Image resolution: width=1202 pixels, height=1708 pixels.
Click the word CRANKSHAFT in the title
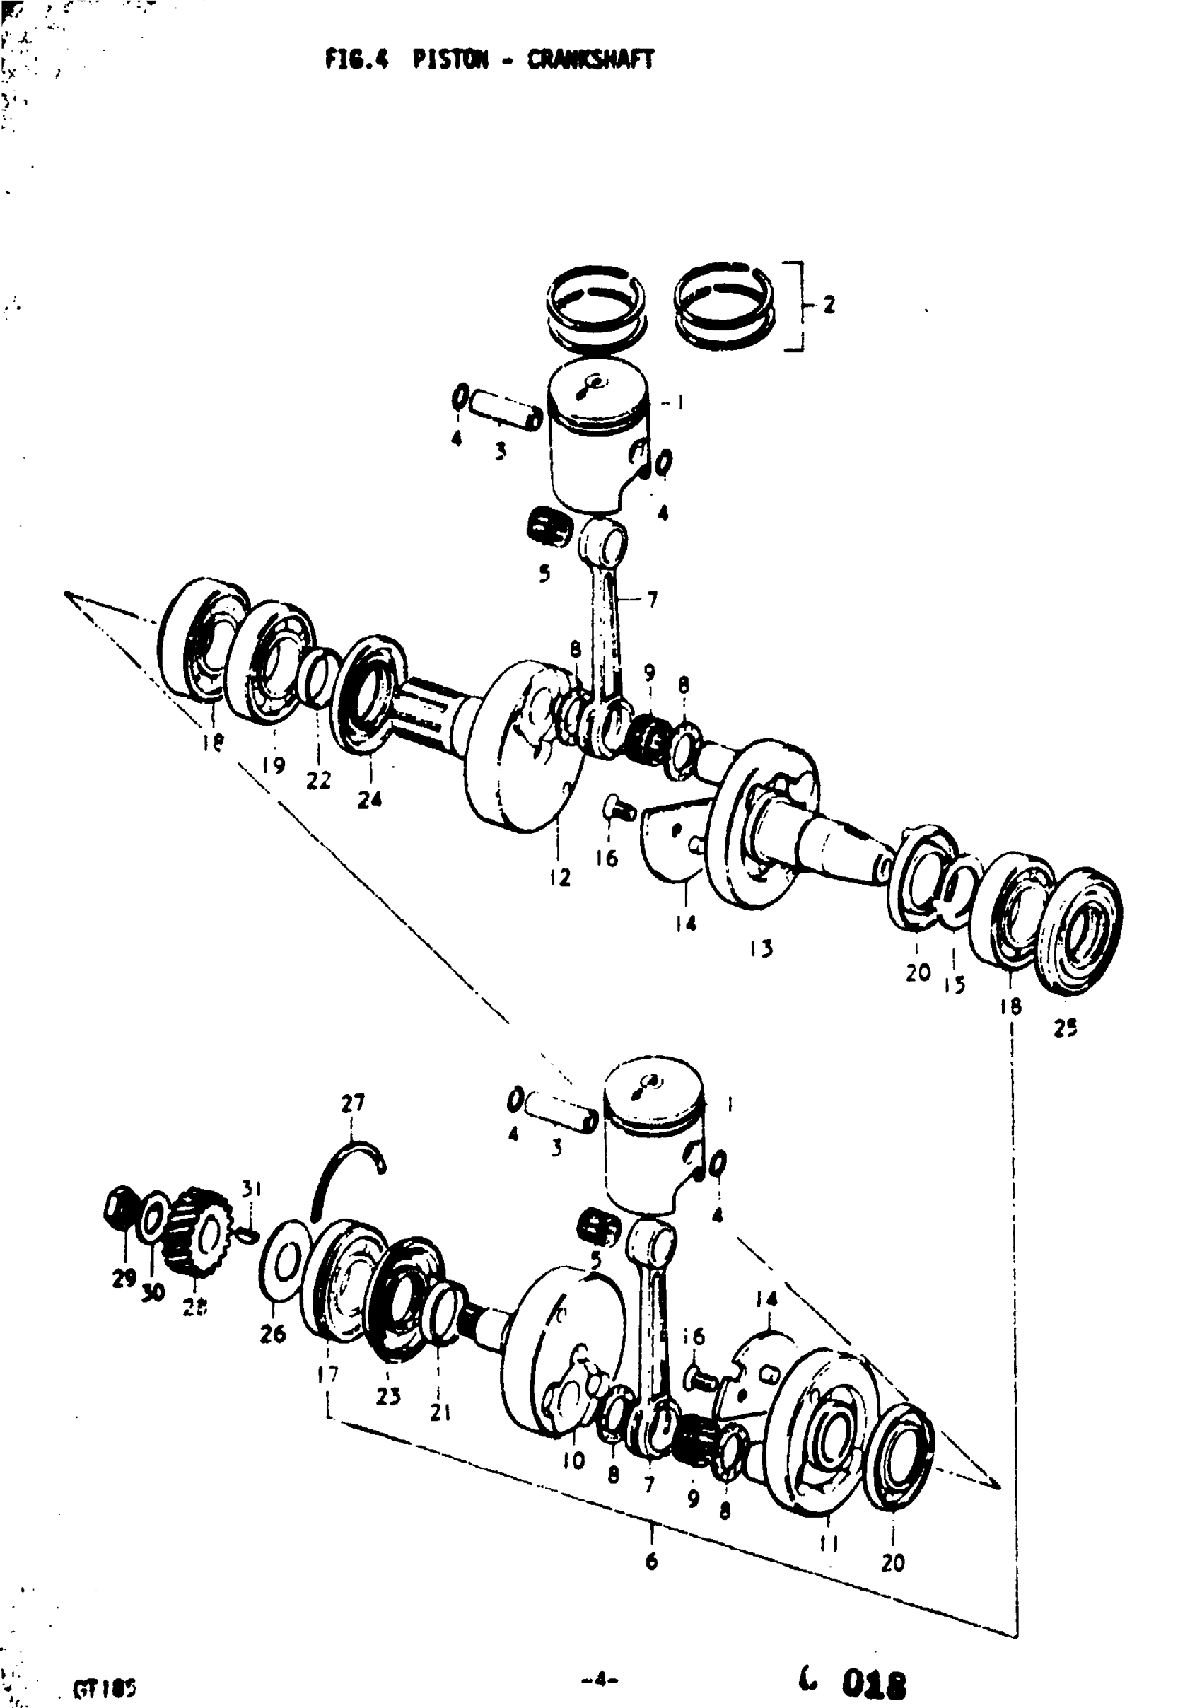pos(590,59)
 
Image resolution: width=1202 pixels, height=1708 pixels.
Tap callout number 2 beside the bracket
pos(829,304)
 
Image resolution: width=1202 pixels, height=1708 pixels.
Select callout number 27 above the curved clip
pos(353,1103)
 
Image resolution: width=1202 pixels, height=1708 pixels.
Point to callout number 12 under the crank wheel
pos(559,877)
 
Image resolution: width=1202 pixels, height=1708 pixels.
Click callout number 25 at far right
pos(1065,1028)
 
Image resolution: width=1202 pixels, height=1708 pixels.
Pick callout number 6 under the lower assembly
pos(652,1562)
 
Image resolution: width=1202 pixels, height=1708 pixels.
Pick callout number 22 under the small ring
pos(318,780)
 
